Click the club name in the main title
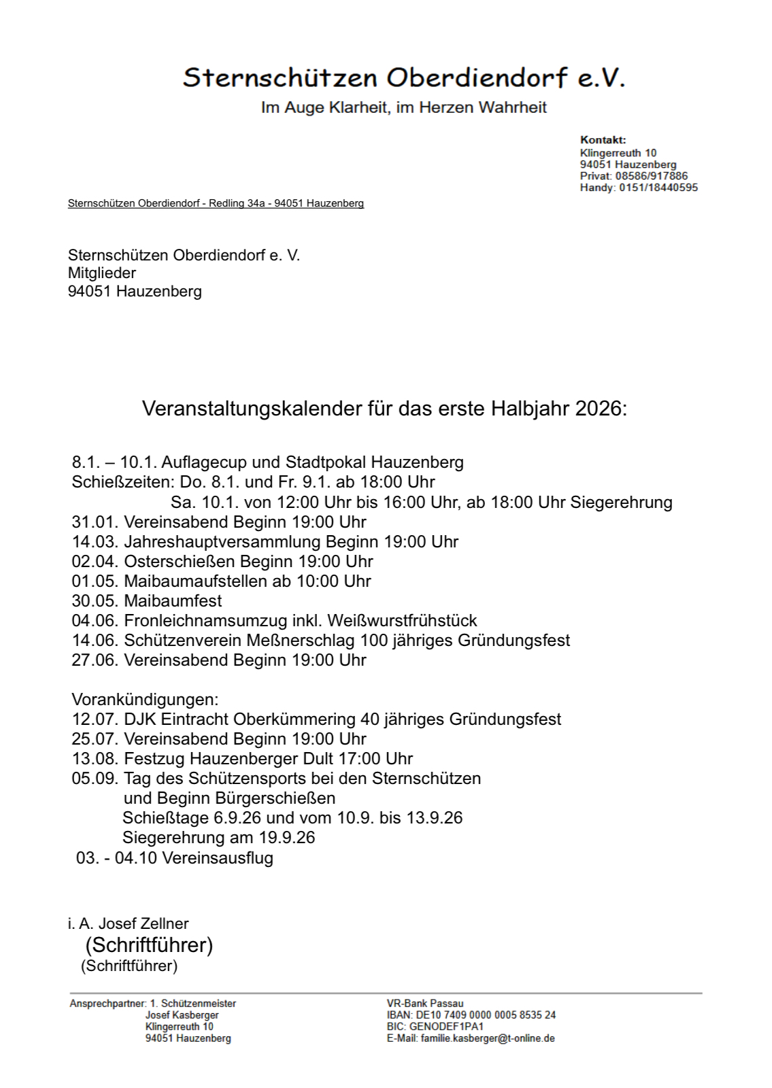click(403, 78)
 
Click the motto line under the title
click(403, 107)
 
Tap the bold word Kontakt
click(603, 140)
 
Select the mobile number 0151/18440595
click(658, 188)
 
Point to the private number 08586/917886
click(651, 176)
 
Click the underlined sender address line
click(216, 203)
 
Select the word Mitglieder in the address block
click(102, 273)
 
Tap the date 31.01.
click(95, 522)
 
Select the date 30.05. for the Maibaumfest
click(95, 601)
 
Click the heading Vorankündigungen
click(145, 700)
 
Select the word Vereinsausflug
click(218, 858)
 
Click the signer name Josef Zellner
click(144, 923)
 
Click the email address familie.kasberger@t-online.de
click(488, 1038)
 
